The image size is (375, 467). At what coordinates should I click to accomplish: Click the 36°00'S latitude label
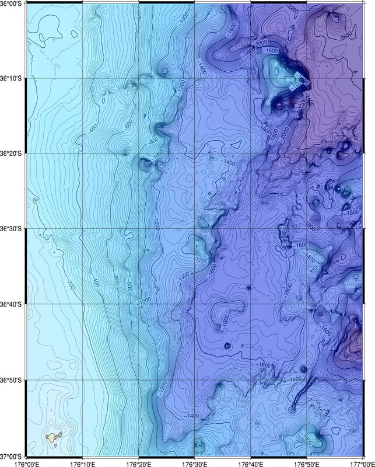click(x=12, y=3)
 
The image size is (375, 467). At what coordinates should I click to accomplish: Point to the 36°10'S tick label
click(x=12, y=78)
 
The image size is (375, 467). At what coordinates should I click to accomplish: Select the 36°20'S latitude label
click(x=12, y=154)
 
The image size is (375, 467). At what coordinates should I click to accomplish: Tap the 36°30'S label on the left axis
click(x=12, y=229)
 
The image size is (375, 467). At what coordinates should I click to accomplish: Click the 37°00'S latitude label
click(x=12, y=455)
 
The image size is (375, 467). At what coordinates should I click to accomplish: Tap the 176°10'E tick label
click(x=82, y=462)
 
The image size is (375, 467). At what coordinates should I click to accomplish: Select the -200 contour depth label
click(x=71, y=285)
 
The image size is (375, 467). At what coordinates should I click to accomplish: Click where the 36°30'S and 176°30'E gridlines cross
click(x=194, y=229)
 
